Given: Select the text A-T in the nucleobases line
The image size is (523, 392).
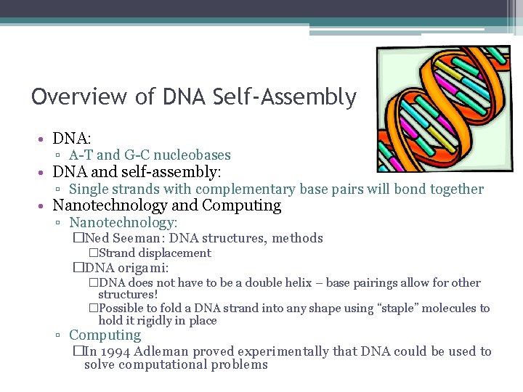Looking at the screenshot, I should (81, 155).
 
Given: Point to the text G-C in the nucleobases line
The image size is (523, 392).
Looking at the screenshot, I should (137, 155).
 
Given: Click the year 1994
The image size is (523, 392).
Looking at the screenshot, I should (117, 351).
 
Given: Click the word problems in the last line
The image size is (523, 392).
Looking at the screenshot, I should (239, 364).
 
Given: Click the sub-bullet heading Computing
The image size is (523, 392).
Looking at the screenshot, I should (105, 335).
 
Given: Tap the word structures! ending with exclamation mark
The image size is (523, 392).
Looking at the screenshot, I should (128, 295).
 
